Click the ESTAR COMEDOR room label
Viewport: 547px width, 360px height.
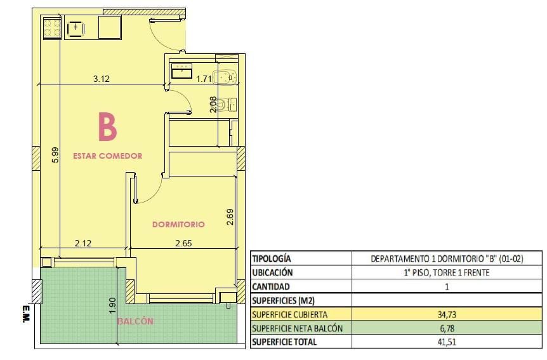[x=107, y=156]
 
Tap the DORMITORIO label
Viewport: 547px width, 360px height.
[x=178, y=224]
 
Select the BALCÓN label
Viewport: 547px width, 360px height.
[x=135, y=321]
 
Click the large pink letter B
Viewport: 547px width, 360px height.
[x=107, y=126]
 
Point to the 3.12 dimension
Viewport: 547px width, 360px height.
[x=101, y=79]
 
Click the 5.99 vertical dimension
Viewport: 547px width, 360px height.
[x=55, y=156]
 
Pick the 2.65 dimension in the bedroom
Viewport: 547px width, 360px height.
[x=183, y=243]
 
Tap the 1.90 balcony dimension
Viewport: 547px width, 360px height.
[x=112, y=305]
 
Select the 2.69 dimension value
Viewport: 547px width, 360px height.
[x=230, y=217]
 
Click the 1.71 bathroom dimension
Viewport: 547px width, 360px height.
[x=204, y=79]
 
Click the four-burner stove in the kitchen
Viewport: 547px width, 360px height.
[x=52, y=29]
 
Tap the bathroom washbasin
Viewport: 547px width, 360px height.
[x=181, y=71]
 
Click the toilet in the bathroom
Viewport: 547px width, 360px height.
[x=227, y=104]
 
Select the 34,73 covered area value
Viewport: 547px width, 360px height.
[x=447, y=315]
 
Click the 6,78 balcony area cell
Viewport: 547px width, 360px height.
[x=447, y=328]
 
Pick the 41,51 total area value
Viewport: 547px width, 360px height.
[x=447, y=342]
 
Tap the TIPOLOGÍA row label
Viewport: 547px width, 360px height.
[x=271, y=259]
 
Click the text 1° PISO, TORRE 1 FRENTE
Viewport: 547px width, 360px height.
[x=447, y=273]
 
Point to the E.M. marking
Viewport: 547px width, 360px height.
[x=25, y=314]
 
